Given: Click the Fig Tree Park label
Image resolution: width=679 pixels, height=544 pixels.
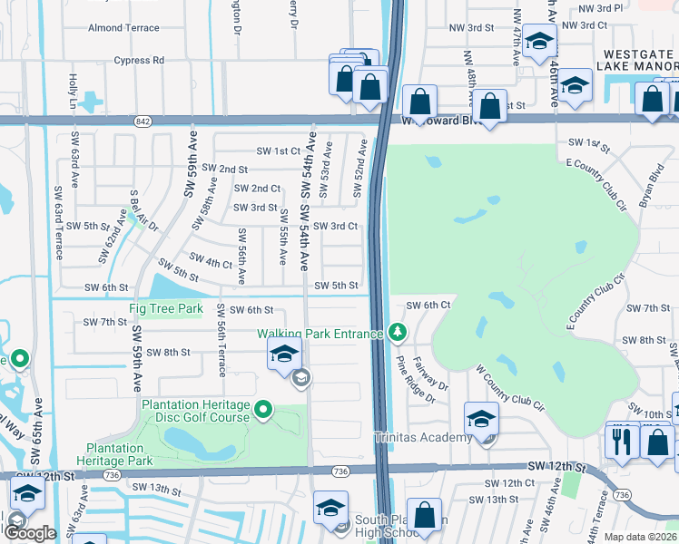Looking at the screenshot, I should [x=166, y=308].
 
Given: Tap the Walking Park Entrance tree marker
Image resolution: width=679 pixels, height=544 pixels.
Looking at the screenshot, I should [x=397, y=334].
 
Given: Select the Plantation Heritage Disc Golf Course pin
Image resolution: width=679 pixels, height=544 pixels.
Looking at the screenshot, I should [x=263, y=411].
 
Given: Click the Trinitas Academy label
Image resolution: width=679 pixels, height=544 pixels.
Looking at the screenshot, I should [x=423, y=438].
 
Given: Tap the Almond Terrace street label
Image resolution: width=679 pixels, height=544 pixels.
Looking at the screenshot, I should [x=123, y=28].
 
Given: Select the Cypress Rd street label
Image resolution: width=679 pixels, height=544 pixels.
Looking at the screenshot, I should [x=140, y=61].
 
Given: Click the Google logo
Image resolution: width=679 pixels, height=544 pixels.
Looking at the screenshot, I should [x=30, y=533].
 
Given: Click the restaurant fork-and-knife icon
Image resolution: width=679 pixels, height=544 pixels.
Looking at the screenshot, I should [x=622, y=441].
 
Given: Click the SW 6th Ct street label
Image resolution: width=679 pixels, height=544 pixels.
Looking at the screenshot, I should [x=428, y=306].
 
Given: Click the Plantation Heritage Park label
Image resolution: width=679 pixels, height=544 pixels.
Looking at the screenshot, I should [x=114, y=454].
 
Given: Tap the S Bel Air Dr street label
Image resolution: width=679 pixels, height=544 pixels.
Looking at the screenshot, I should [x=138, y=210].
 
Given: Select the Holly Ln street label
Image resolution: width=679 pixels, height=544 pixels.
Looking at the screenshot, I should [x=73, y=92].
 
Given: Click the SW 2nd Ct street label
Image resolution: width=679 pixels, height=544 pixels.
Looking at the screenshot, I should [x=257, y=189].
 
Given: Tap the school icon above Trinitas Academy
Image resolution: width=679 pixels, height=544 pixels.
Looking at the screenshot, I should [x=481, y=418].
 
